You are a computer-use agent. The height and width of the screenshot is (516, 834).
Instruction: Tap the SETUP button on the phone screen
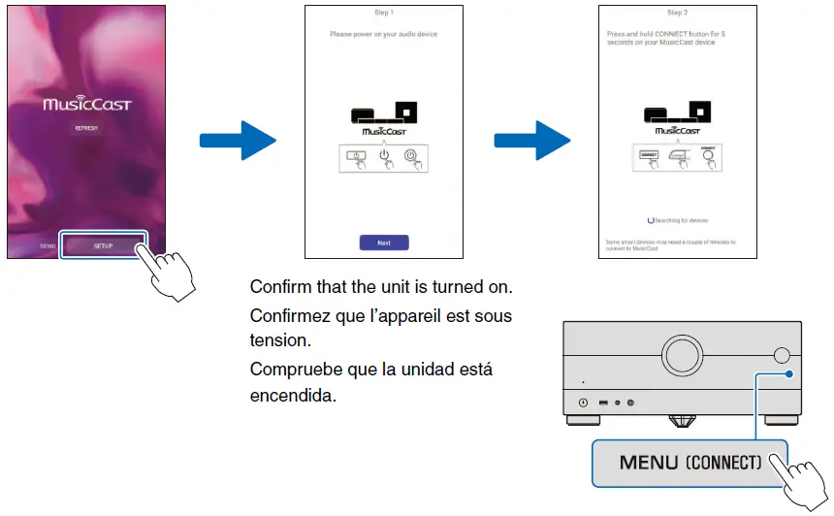pyautogui.click(x=103, y=245)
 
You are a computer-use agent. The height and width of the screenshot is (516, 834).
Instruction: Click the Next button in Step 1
pyautogui.click(x=384, y=242)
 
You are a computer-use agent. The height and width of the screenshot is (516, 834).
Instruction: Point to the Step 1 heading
pyautogui.click(x=384, y=13)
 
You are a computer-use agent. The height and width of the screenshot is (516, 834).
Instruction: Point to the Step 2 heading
pyautogui.click(x=676, y=13)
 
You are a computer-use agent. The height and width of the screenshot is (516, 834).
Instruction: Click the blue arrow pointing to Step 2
pyautogui.click(x=530, y=142)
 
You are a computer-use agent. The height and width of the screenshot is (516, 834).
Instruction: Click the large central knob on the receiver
pyautogui.click(x=679, y=352)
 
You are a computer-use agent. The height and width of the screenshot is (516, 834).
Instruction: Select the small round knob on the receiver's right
pyautogui.click(x=783, y=356)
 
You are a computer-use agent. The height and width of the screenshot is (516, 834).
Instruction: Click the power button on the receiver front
pyautogui.click(x=583, y=403)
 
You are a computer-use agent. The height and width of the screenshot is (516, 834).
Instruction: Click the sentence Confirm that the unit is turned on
pyautogui.click(x=380, y=288)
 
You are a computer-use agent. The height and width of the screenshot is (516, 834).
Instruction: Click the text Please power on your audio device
pyautogui.click(x=384, y=34)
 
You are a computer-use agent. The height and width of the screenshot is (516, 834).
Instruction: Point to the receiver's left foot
pyautogui.click(x=582, y=422)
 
